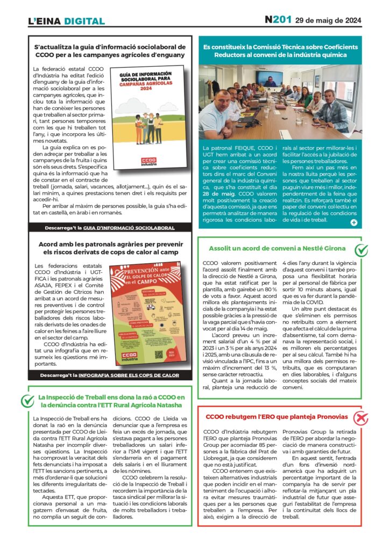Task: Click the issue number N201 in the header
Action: (278, 20)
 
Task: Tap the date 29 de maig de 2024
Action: (328, 20)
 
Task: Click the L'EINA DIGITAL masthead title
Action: (66, 21)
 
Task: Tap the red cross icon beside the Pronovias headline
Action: (361, 417)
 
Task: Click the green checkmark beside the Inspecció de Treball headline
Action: (27, 401)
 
